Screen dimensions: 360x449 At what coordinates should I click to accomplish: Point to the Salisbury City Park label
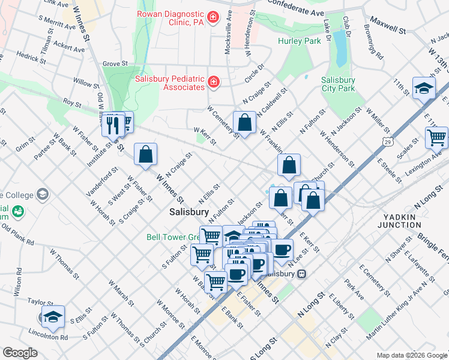338,84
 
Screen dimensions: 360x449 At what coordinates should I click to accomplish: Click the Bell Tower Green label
172,237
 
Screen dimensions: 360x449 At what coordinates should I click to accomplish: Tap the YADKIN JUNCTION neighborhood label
399,220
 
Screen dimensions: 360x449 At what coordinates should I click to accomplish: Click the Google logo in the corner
20,353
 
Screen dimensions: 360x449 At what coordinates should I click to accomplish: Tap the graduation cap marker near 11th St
424,88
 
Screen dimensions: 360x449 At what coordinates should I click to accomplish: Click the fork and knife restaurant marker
112,124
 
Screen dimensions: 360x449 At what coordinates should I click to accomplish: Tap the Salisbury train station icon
302,274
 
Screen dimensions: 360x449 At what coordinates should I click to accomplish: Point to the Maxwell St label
388,27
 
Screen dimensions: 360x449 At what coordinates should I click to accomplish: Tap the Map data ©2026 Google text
411,355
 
